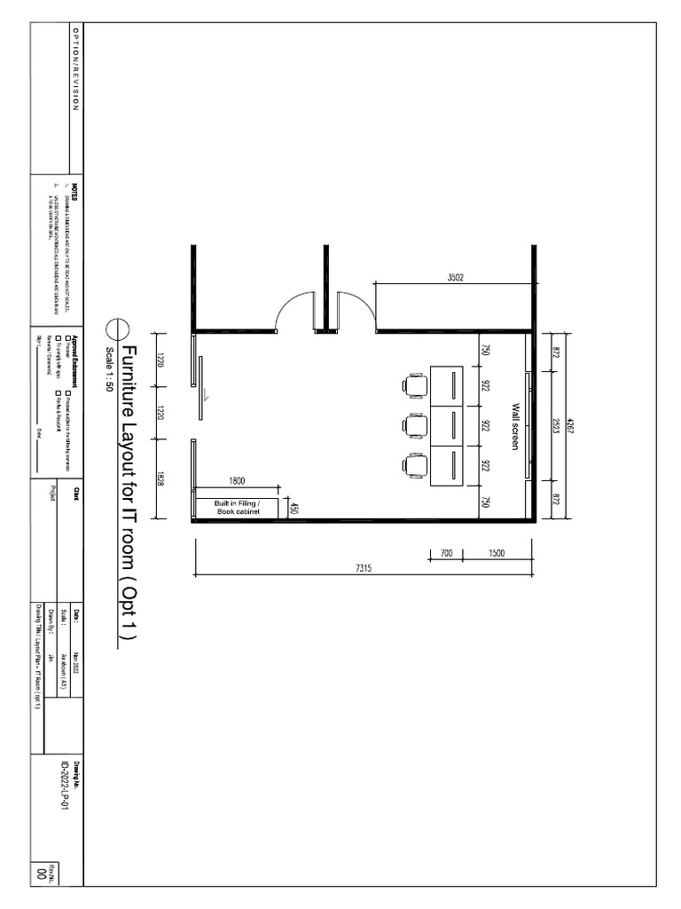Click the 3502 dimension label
pos(455,277)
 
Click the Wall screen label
pos(514,426)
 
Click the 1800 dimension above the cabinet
pos(237,481)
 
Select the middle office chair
pos(415,426)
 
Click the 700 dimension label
pos(445,553)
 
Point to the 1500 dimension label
pos(496,553)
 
